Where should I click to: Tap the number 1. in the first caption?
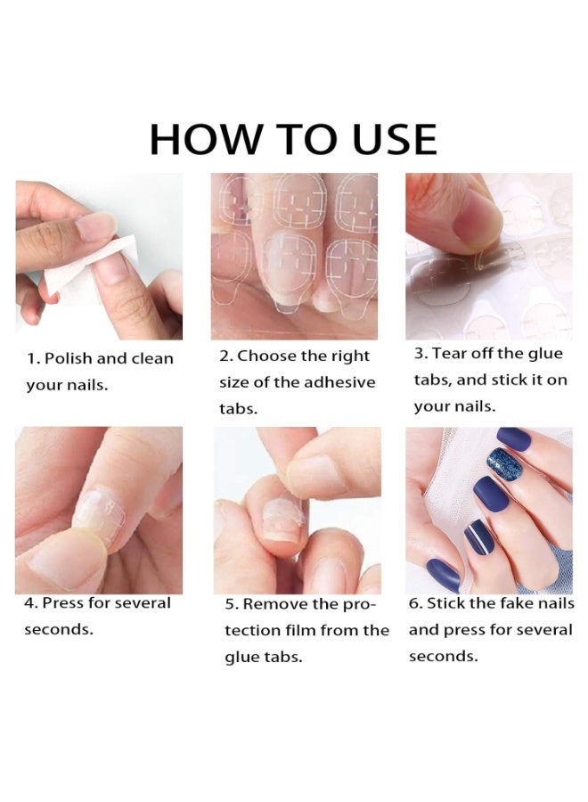(33, 359)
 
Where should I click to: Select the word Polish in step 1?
(68, 359)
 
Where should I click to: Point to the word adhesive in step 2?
(342, 382)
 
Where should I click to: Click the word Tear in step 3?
(451, 353)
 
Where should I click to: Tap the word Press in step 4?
(64, 603)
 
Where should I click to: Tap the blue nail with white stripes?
(479, 536)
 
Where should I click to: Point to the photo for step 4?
(98, 510)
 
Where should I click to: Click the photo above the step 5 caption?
(297, 510)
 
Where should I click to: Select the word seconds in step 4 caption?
(59, 630)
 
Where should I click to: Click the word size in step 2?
(234, 382)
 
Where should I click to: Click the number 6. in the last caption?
(416, 603)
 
